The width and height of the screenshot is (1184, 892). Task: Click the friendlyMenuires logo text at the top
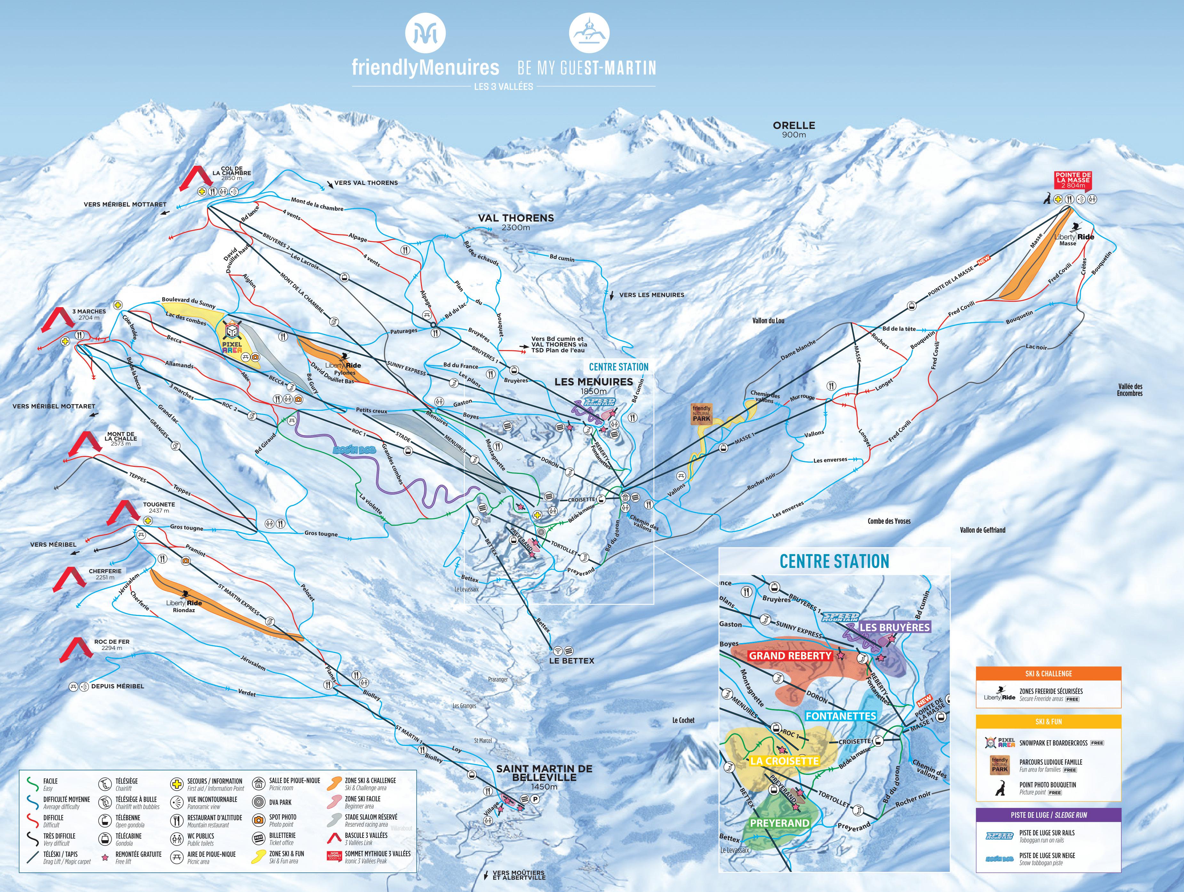(x=425, y=68)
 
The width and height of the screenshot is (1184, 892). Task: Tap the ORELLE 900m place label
(x=794, y=129)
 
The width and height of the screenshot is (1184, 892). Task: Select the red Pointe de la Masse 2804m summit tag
(x=1073, y=180)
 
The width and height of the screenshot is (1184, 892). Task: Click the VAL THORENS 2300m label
(x=515, y=221)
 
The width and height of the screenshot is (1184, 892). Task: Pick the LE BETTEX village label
(x=572, y=661)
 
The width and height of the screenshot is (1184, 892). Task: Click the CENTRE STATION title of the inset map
(x=834, y=561)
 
